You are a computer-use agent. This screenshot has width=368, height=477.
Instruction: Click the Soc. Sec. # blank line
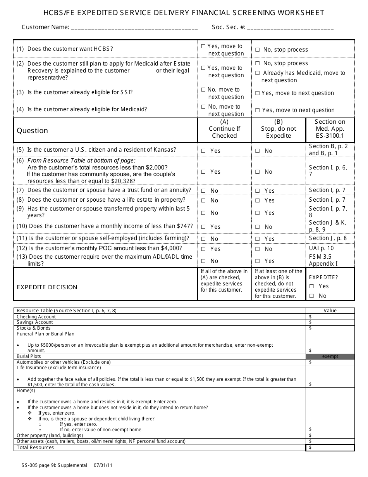[290, 28]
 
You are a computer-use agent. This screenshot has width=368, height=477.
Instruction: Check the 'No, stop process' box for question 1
[258, 50]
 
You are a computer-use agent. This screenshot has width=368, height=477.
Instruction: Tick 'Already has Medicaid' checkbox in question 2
[258, 73]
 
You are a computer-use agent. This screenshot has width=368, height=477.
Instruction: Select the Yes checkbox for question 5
[203, 151]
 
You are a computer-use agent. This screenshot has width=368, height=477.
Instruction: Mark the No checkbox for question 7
[203, 191]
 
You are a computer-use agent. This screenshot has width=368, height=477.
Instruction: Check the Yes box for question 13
[258, 261]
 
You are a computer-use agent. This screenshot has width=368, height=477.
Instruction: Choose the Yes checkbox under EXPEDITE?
[312, 286]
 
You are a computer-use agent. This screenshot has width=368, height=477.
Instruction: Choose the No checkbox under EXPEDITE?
[312, 296]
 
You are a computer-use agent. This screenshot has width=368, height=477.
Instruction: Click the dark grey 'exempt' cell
[330, 356]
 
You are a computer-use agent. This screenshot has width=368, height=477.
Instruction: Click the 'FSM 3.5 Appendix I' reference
[323, 260]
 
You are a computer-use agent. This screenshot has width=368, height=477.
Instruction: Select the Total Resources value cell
[330, 448]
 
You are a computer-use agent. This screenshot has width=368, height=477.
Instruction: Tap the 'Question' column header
[32, 131]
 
